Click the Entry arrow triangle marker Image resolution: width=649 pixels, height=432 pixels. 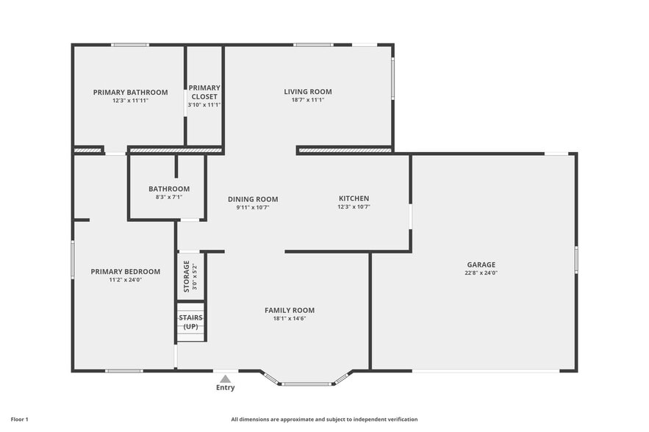pyautogui.click(x=226, y=378)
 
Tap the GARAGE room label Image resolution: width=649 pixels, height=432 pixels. pyautogui.click(x=481, y=264)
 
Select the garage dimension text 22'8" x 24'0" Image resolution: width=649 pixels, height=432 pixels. pyautogui.click(x=481, y=273)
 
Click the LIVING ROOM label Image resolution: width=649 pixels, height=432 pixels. pyautogui.click(x=308, y=92)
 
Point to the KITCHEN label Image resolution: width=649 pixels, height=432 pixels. pyautogui.click(x=354, y=198)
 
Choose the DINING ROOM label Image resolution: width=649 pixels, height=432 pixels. pyautogui.click(x=253, y=199)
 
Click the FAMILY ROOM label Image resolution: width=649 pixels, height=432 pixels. pyautogui.click(x=290, y=310)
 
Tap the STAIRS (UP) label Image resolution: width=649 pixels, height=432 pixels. pyautogui.click(x=191, y=322)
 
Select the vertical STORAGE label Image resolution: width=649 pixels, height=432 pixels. pyautogui.click(x=187, y=276)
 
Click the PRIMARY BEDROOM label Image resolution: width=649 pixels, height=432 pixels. pyautogui.click(x=126, y=271)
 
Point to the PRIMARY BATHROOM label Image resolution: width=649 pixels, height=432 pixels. pyautogui.click(x=130, y=93)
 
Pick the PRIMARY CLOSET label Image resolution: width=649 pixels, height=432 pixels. pyautogui.click(x=204, y=92)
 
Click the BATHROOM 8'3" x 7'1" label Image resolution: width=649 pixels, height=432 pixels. pyautogui.click(x=169, y=192)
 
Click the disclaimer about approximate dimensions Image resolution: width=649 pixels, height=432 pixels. pyautogui.click(x=324, y=420)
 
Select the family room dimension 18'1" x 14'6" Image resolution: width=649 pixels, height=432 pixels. pyautogui.click(x=290, y=319)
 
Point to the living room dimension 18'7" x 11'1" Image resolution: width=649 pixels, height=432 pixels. pyautogui.click(x=308, y=101)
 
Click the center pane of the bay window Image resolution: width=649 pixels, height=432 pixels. pyautogui.click(x=307, y=384)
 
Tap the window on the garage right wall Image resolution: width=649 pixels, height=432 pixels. pyautogui.click(x=576, y=259)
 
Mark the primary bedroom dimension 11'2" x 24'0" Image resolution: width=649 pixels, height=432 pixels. pyautogui.click(x=126, y=280)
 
